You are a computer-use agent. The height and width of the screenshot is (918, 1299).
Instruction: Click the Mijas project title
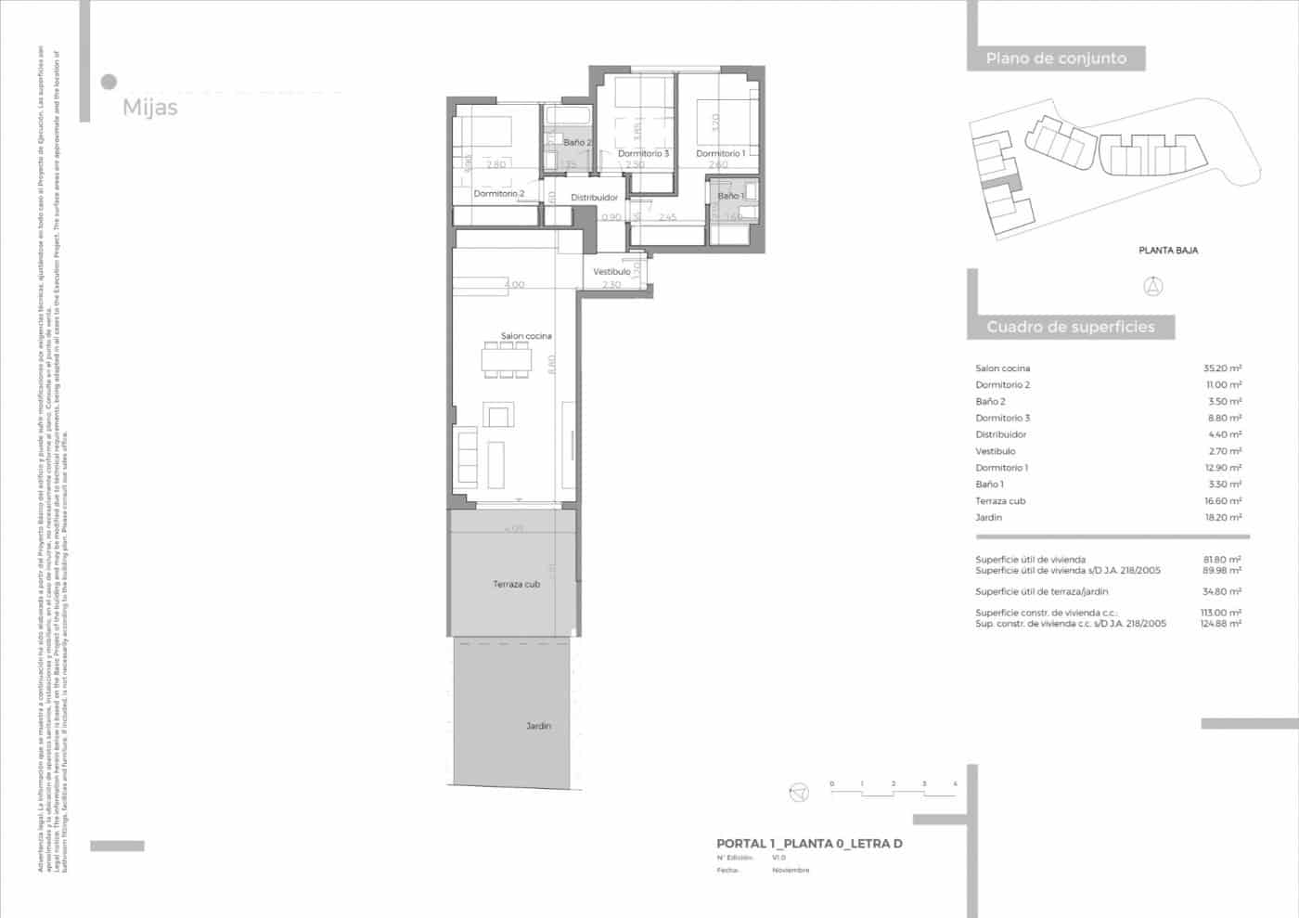click(x=149, y=108)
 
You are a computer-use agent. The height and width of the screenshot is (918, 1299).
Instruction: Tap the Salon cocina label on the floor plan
click(x=526, y=336)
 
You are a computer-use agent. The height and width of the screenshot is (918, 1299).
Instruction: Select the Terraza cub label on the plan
click(x=516, y=584)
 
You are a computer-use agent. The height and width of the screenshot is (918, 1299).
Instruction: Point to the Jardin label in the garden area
click(x=538, y=726)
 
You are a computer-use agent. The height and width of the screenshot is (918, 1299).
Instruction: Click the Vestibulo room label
click(x=611, y=271)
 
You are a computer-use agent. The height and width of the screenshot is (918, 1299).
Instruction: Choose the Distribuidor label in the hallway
click(x=594, y=198)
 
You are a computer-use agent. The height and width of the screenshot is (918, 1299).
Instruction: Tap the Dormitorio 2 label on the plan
click(x=499, y=193)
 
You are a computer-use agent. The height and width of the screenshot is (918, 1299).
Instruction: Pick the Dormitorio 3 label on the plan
click(x=643, y=154)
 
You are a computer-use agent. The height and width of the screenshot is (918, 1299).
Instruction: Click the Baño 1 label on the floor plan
click(x=730, y=196)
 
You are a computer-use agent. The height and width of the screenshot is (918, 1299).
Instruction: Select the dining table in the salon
click(x=506, y=357)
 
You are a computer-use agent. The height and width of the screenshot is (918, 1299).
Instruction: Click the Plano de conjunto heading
click(x=1056, y=58)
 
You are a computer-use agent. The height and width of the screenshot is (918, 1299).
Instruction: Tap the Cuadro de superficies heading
click(x=1070, y=327)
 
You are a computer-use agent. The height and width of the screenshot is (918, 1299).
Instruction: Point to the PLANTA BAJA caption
click(x=1168, y=250)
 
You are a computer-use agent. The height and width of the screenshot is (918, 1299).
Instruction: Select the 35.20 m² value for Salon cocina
click(x=1222, y=368)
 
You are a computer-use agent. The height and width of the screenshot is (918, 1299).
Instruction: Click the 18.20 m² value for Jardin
click(x=1222, y=517)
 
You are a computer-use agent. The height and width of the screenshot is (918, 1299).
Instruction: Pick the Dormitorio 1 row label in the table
click(x=1001, y=468)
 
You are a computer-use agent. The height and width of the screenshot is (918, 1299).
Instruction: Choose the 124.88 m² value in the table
click(x=1221, y=624)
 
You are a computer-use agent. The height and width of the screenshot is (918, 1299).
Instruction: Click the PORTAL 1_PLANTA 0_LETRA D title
click(x=809, y=844)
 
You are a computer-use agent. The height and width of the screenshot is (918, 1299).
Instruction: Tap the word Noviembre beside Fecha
click(x=791, y=870)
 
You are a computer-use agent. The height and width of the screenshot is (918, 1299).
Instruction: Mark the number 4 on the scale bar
click(x=955, y=784)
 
